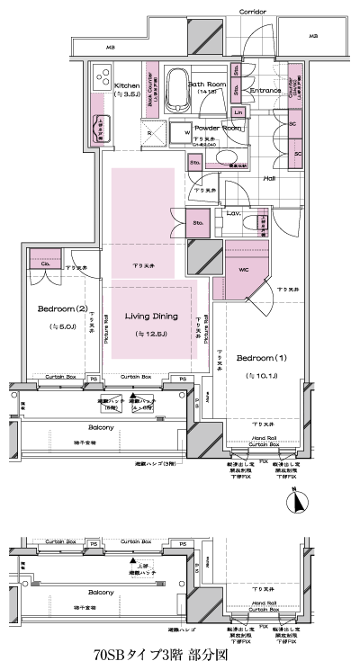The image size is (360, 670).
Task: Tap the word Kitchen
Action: [127, 85]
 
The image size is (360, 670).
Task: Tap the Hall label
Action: [268, 178]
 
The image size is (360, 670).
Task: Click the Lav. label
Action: [232, 213]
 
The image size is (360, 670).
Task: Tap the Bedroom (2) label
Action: [56, 308]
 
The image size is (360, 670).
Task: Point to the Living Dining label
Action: [150, 317]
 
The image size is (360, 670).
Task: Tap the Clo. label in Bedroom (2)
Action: [44, 264]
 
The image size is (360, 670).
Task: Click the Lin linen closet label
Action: [238, 112]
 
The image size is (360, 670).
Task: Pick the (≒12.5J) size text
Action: [150, 334]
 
